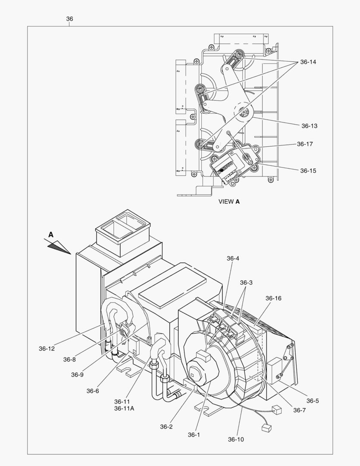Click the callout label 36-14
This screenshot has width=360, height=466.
[x=308, y=62]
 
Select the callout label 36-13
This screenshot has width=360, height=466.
[x=309, y=126]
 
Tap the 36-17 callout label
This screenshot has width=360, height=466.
[x=305, y=144]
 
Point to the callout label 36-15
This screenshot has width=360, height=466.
[x=308, y=171]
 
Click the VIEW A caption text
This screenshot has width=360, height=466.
[x=229, y=202]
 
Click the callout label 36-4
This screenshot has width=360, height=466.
[x=233, y=258]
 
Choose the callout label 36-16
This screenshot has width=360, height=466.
[x=273, y=298]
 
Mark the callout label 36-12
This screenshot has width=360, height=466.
[x=47, y=349]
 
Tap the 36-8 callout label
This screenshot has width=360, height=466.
[x=69, y=359]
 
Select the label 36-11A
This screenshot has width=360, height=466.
[x=124, y=409]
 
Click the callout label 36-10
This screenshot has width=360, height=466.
[x=236, y=439]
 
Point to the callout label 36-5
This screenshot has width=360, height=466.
[x=313, y=401]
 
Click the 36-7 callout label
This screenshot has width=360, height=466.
[x=299, y=410]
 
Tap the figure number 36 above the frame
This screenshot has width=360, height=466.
[x=69, y=19]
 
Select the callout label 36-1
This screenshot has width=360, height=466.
[x=194, y=435]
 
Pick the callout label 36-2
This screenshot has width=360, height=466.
[x=166, y=427]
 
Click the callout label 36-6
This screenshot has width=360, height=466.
[x=93, y=391]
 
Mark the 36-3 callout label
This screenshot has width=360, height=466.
[x=246, y=283]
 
